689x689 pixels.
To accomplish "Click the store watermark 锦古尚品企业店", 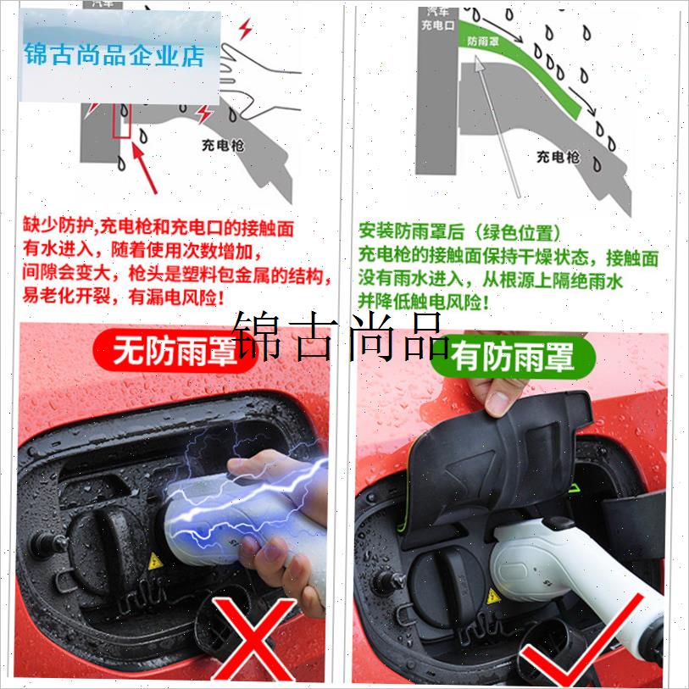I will pyautogui.click(x=115, y=56).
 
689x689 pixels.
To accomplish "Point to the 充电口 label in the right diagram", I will pyautogui.click(x=438, y=25).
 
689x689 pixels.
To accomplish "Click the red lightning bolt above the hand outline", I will pyautogui.click(x=246, y=30).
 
